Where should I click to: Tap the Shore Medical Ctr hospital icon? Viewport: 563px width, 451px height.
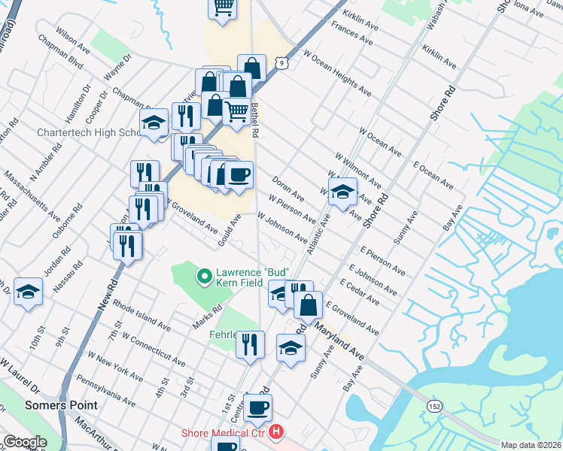[x=277, y=432]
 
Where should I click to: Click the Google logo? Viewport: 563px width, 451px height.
[x=25, y=442]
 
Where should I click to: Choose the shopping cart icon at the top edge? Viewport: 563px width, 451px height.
[x=223, y=8]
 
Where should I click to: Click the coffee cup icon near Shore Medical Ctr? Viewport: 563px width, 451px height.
[x=257, y=408]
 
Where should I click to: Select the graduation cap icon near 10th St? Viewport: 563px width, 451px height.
[x=29, y=292]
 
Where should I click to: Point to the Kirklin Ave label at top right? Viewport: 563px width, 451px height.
[x=440, y=56]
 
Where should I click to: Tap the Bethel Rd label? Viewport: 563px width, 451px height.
[x=255, y=120]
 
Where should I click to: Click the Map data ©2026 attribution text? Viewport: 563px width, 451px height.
[x=531, y=445]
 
